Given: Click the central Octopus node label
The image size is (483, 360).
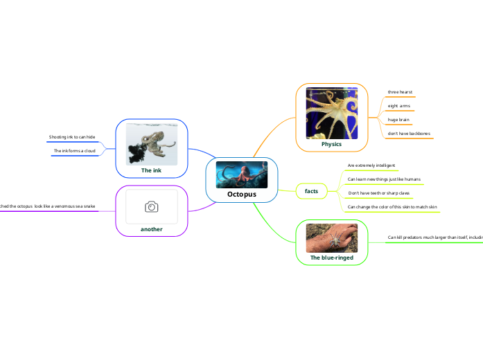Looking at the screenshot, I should pos(242,195).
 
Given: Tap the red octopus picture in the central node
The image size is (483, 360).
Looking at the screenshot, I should pos(242,174).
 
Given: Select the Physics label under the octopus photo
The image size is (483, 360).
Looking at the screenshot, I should pos(331,144).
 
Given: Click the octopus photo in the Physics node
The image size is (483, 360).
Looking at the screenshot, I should pos(331,112).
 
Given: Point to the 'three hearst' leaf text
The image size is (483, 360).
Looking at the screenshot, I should pos(400,92).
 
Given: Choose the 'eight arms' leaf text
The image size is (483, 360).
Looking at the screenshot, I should pos(398,106).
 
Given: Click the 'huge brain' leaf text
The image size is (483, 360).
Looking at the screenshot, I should pos(398,120).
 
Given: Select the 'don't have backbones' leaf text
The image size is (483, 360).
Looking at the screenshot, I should pos(409,133).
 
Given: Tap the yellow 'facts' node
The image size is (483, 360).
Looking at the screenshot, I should pos(311,190).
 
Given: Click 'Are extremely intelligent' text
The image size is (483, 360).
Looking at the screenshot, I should pos(371,166).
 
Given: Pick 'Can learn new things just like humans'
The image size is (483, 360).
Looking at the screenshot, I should pos(383,179).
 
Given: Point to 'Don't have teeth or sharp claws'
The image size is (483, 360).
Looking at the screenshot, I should pos(378,193).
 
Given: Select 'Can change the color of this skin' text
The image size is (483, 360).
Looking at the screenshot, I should pos(391,207).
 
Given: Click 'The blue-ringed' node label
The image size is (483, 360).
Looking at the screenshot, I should pos(331,258).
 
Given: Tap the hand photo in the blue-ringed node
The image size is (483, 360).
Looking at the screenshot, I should pos(331,237).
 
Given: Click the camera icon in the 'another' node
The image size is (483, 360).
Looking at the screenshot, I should pos(152,207).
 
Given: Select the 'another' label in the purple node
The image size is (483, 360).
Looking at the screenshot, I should pos(152,228).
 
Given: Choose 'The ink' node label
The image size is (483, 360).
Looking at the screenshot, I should pos(152,170).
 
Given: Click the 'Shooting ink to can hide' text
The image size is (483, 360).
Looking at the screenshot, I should pos(72,137).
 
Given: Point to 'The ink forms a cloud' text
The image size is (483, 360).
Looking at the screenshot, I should pos(74,151).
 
